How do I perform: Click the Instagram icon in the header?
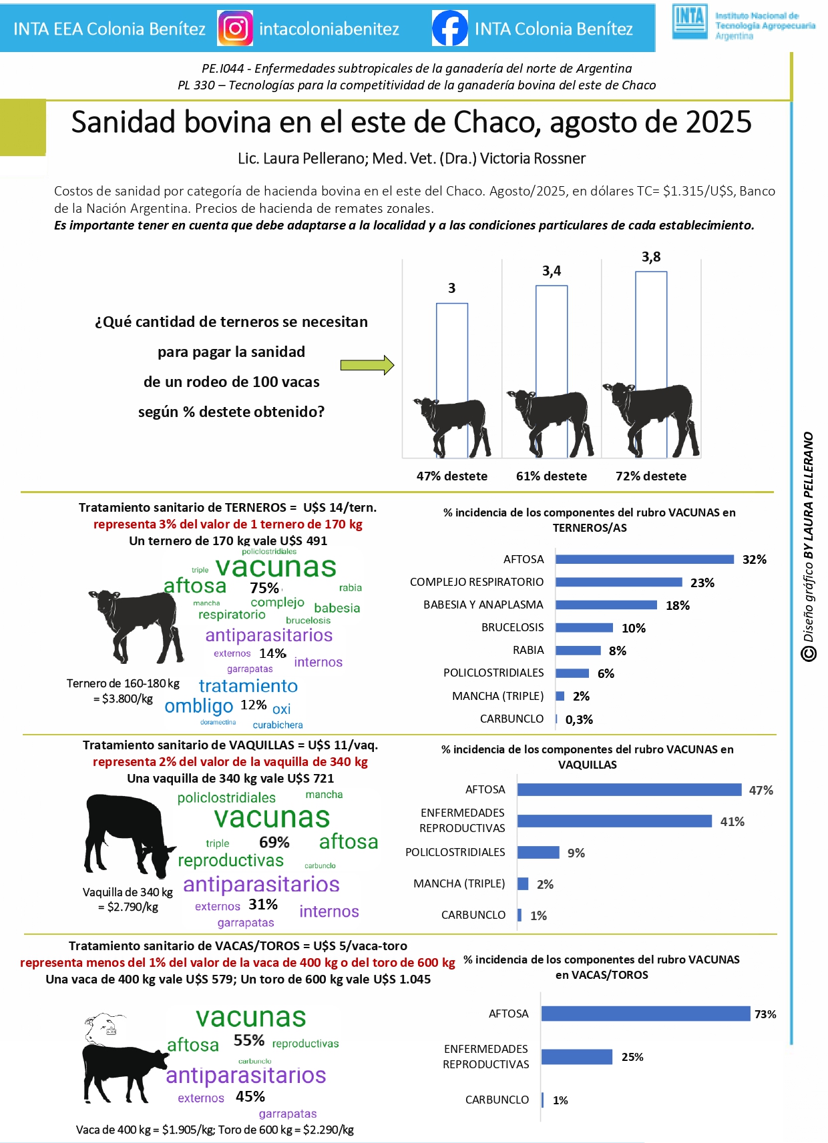235,29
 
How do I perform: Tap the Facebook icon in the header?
449,29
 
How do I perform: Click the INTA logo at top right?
690,22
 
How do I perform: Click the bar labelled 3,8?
651,364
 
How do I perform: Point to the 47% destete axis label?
452,476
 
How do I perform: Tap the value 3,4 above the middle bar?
552,271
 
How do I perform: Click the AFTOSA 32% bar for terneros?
644,559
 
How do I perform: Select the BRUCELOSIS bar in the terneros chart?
584,628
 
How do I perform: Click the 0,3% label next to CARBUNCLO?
579,719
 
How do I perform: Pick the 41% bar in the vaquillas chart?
614,821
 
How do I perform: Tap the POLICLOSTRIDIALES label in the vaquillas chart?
455,852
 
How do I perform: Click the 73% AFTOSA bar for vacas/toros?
646,1014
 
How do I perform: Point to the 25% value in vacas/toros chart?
632,1057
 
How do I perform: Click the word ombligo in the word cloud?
199,706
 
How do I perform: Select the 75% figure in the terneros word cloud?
264,588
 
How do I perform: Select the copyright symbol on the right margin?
809,654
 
